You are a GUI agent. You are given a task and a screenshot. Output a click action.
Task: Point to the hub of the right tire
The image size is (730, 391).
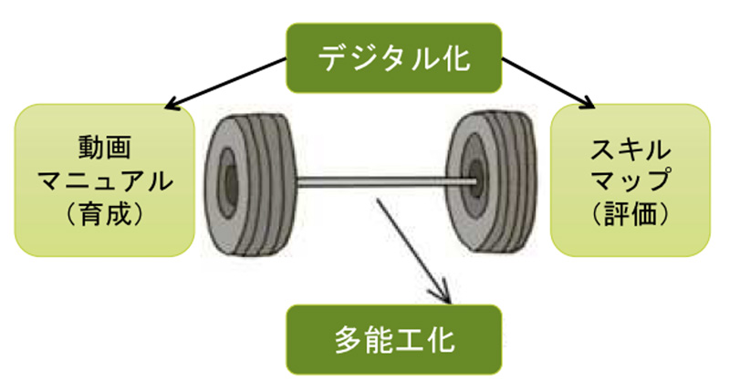[474, 178]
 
